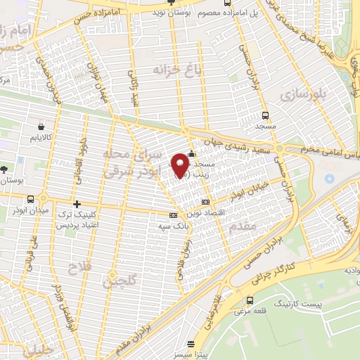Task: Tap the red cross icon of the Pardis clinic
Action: (x=76, y=205)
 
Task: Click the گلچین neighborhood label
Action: (x=118, y=283)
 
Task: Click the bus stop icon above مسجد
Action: (x=264, y=115)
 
